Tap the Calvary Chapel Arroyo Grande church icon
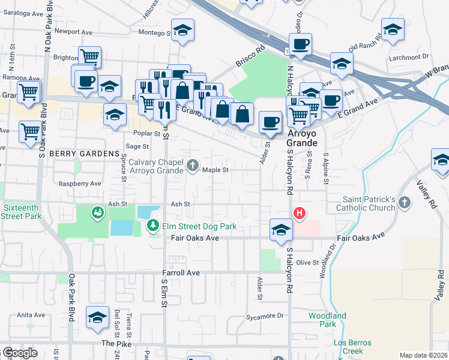click(193, 165)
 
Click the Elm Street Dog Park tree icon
click(153, 226)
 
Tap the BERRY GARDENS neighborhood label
click(85, 154)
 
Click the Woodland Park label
click(327, 320)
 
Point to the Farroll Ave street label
click(180, 272)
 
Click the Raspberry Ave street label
click(77, 184)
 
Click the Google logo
click(19, 353)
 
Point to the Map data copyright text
click(423, 355)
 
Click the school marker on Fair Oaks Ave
click(280, 230)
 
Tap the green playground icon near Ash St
click(97, 212)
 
